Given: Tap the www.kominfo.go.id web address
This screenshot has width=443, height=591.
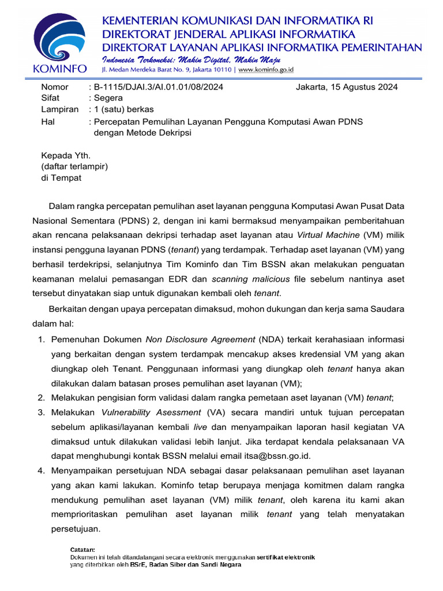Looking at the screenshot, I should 266,69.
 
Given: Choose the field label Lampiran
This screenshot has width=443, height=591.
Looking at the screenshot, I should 59,109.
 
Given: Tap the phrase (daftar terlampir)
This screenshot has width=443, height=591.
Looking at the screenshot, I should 74,166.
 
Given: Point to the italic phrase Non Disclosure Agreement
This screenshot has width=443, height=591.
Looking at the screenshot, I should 200,339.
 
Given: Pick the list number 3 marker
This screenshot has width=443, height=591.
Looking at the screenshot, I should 42,412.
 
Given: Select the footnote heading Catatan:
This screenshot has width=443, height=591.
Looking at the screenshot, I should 82,550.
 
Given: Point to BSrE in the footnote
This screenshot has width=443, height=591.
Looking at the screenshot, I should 138,565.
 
